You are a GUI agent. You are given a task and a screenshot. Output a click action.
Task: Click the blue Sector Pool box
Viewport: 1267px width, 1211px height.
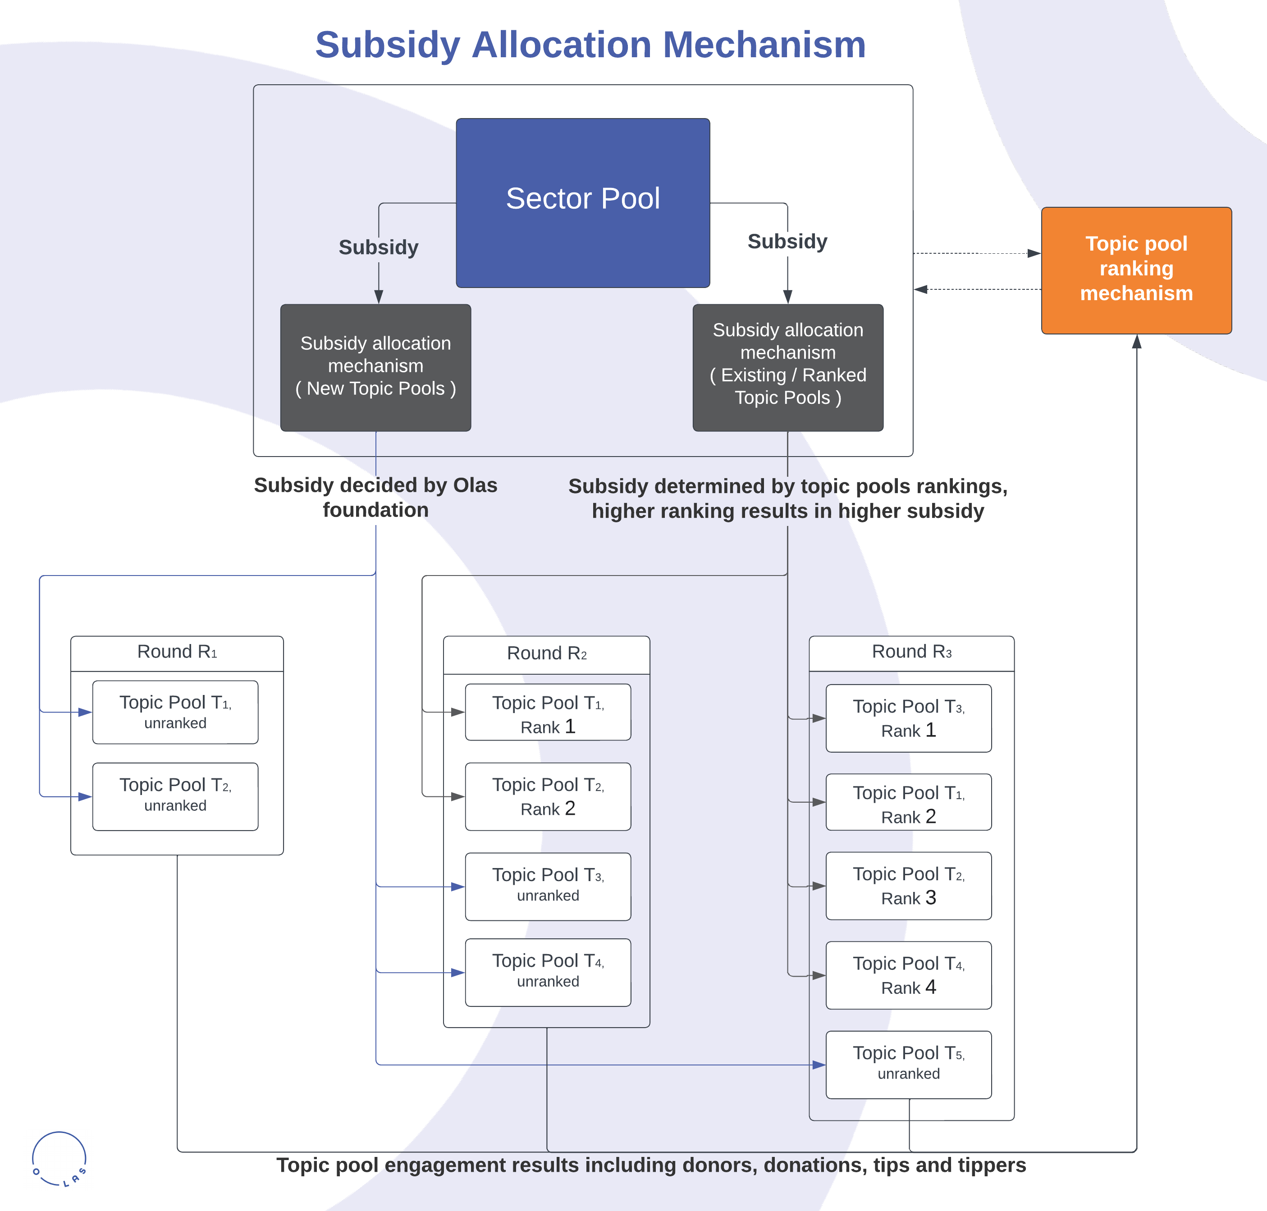pos(582,203)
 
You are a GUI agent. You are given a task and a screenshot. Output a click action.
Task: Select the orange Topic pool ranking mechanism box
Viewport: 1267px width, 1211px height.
pos(1136,270)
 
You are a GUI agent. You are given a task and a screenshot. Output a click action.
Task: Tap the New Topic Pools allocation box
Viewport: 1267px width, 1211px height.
pos(375,367)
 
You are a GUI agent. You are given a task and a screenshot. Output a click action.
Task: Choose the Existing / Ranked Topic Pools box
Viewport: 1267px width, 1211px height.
pos(787,367)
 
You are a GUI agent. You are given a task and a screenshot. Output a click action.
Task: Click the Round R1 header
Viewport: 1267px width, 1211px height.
pos(177,653)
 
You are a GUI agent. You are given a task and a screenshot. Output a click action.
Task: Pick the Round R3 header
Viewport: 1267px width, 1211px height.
pos(911,653)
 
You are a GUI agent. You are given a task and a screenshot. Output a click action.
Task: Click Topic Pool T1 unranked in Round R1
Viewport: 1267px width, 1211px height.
pos(176,712)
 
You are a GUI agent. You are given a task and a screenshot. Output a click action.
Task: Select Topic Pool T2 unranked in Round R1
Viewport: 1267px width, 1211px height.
pos(176,796)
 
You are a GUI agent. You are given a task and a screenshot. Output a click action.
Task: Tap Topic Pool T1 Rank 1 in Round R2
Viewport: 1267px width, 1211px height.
pos(548,713)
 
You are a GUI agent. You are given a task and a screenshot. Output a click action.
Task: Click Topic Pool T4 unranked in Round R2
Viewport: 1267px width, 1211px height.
pos(548,972)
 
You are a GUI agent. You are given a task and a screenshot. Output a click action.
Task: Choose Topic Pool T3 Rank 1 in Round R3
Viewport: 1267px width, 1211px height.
pos(908,718)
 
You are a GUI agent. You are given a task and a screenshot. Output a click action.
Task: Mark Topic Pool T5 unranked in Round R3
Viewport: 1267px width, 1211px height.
pos(908,1065)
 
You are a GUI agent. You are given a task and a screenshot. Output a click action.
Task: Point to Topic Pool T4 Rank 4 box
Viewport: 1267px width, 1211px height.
pos(908,975)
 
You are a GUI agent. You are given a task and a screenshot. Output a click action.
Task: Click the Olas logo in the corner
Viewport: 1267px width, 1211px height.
pos(59,1159)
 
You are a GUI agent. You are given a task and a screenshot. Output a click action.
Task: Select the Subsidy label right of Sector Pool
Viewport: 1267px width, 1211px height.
pos(787,242)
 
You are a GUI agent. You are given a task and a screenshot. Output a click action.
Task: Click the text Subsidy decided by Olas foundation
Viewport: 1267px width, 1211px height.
pos(375,497)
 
